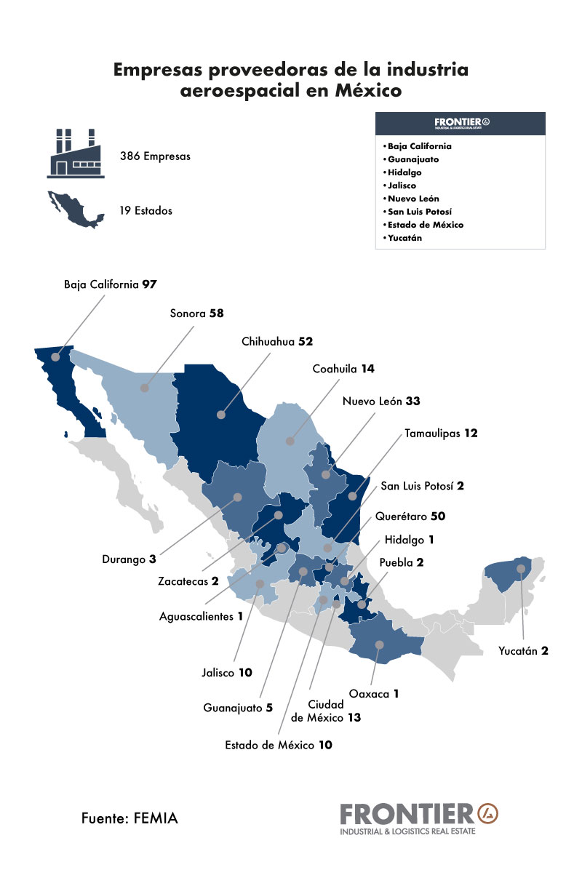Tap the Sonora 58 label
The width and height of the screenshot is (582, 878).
point(196,314)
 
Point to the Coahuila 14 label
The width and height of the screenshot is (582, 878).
point(343,369)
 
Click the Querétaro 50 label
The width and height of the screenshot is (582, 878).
point(410,516)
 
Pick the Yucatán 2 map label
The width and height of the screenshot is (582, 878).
point(523,651)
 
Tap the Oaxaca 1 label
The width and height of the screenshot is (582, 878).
point(374,694)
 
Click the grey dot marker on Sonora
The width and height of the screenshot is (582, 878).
point(145,388)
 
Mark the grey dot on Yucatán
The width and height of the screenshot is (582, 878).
point(521,568)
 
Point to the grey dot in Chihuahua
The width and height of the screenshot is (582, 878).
point(220,415)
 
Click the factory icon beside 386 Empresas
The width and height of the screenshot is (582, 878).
point(75,153)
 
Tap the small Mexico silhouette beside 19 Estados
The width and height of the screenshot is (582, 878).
point(75,209)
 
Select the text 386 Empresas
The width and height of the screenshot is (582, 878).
point(155,156)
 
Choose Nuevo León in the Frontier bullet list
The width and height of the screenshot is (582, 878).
point(413,199)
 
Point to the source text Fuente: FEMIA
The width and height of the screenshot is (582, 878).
point(129,818)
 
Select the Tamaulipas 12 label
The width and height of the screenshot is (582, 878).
point(441,434)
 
